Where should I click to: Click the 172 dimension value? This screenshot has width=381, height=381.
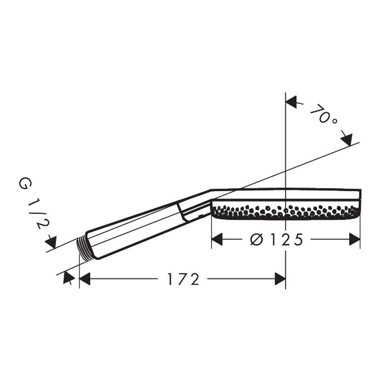tap(184, 279)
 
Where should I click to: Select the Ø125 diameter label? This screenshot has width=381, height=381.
tap(276, 240)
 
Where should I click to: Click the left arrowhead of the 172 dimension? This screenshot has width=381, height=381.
tap(85, 279)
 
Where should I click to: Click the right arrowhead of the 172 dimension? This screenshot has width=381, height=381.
tap(280, 279)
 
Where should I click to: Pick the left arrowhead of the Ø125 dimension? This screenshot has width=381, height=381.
tap(217, 239)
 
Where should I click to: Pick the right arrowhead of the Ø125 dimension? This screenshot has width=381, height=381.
tap(354, 239)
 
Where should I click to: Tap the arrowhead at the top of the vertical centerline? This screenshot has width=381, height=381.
tap(291, 102)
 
